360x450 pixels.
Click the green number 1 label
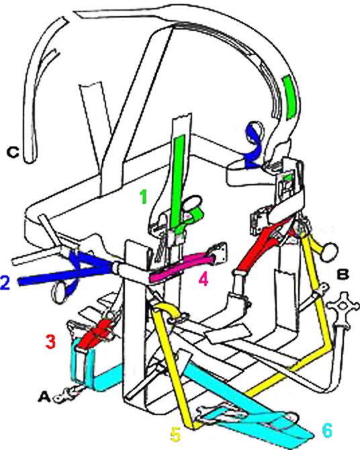[143, 197]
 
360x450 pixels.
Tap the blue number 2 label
[5, 283]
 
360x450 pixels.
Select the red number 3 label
[50, 341]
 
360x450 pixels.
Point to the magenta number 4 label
[204, 279]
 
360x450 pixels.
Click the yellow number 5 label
[175, 434]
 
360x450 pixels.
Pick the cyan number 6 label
[327, 431]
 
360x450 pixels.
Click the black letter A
[44, 397]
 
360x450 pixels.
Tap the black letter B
[343, 274]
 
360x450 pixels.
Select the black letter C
[13, 152]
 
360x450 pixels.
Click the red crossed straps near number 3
[95, 333]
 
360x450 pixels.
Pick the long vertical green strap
[176, 180]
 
